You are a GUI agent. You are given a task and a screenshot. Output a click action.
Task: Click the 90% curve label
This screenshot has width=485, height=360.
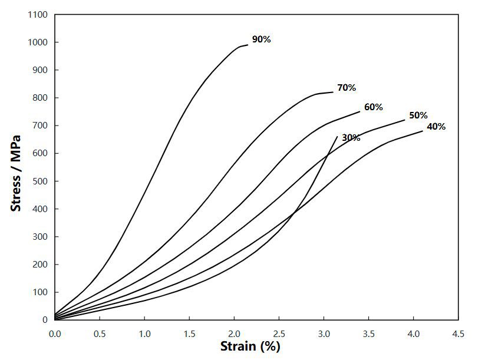click(261, 39)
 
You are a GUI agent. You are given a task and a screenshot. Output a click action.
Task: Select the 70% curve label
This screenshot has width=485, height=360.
click(347, 88)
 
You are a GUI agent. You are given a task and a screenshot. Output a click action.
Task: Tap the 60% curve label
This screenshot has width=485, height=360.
click(374, 107)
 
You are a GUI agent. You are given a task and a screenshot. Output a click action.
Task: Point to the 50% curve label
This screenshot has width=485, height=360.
click(418, 115)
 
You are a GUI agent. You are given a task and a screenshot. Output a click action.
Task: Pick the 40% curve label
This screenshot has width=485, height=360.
click(436, 127)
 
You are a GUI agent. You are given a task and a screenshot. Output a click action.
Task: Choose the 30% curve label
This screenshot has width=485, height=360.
click(351, 138)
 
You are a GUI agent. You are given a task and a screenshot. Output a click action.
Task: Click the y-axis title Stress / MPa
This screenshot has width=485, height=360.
click(16, 173)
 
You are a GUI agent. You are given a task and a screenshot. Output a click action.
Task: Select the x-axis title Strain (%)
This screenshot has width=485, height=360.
click(250, 346)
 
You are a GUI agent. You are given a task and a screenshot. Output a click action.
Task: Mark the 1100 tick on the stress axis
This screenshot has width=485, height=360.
click(38, 15)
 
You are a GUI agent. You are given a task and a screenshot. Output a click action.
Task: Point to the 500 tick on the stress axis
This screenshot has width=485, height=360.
click(41, 181)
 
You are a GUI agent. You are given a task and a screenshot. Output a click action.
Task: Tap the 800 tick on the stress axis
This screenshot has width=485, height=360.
click(41, 98)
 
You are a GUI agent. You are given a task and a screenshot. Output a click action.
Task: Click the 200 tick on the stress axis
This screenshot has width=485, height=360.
click(41, 265)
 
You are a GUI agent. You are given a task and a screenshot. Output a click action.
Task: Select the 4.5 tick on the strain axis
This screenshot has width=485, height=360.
click(458, 334)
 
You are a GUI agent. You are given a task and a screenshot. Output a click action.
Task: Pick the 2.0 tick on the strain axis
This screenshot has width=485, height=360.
click(234, 334)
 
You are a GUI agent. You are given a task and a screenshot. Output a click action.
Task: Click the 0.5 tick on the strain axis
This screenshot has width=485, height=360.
click(100, 334)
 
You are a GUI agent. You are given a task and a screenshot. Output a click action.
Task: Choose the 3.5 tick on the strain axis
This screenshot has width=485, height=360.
click(369, 334)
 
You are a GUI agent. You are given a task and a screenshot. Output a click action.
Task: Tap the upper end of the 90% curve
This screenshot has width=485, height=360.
click(248, 45)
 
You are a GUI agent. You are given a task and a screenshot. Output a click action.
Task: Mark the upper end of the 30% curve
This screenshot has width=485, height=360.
click(337, 137)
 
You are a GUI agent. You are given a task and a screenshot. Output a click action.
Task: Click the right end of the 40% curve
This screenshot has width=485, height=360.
click(423, 131)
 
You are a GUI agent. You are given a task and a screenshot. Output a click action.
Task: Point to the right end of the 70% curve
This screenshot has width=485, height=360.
click(333, 92)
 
